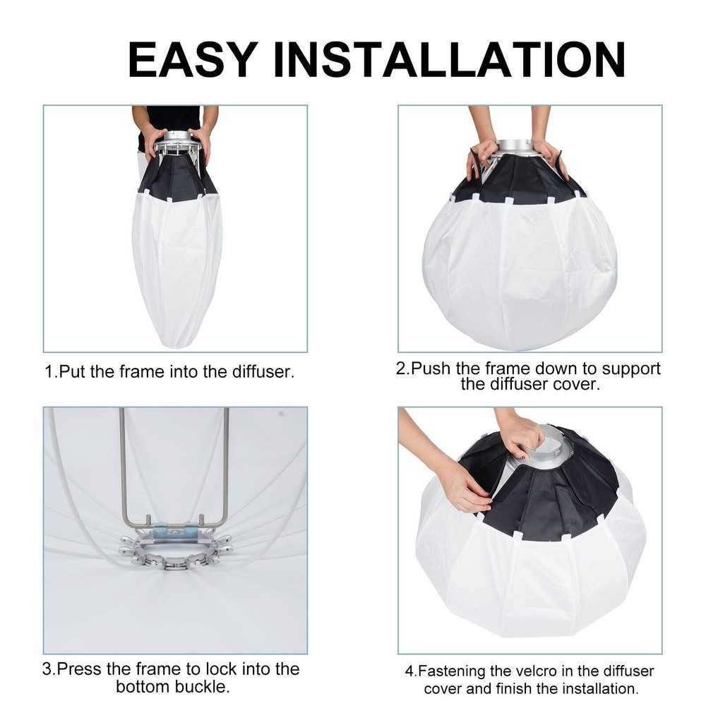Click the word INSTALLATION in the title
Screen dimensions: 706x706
point(449,60)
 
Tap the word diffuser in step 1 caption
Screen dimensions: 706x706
point(262,372)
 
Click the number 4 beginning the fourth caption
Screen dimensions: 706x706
point(409,671)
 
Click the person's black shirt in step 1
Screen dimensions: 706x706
point(173,118)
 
